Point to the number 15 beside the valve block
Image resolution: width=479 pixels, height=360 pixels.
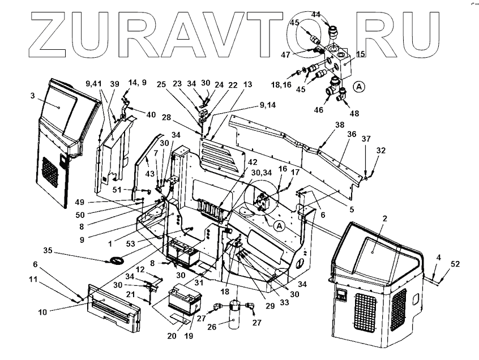point(360,54)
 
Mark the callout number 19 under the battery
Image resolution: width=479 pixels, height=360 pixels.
point(189,335)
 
